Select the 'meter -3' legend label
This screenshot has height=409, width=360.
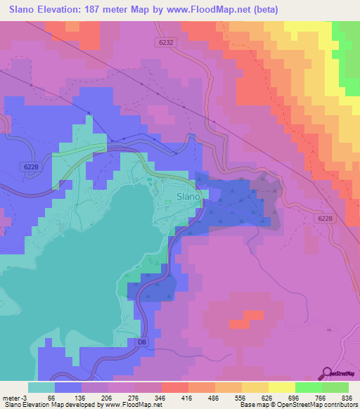(14, 398)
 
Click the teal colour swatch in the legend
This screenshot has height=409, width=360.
(41, 387)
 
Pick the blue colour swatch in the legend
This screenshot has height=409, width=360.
(68, 387)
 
